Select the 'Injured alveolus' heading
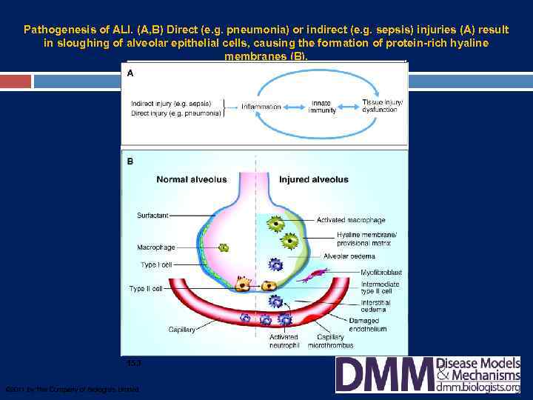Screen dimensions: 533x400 [x=313, y=179]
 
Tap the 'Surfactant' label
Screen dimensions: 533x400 [x=152, y=216]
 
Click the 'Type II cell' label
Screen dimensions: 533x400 [x=146, y=288]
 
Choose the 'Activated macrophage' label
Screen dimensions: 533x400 [x=351, y=220]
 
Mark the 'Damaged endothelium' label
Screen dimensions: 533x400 [x=367, y=324]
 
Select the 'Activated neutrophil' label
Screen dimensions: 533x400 [x=284, y=341]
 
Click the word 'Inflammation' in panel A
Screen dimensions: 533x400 [x=261, y=107]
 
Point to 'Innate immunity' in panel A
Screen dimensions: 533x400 [x=321, y=107]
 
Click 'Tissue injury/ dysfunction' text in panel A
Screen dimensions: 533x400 [x=382, y=105]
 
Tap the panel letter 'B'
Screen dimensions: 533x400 [x=130, y=160]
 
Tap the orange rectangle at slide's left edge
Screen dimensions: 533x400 [x=16, y=81]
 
